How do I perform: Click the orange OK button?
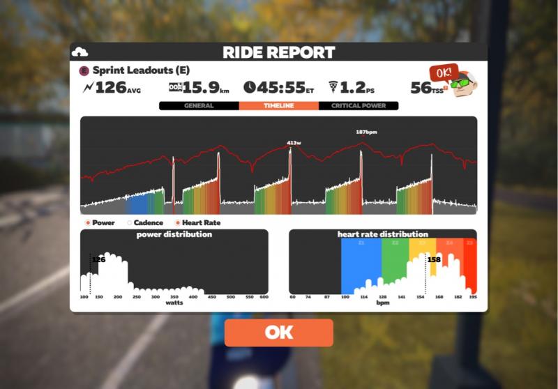coord(278,333)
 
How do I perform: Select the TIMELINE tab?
coord(278,106)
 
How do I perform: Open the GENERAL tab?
coord(199,106)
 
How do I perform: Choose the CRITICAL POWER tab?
coord(358,106)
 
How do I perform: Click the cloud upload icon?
coord(80,52)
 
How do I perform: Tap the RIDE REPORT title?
coord(278,52)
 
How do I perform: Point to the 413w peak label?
coord(294,143)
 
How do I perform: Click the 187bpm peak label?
coord(366,131)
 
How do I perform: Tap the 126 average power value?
coord(110,87)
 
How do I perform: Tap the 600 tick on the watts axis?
coord(264,297)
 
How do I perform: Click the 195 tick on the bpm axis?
coord(474,297)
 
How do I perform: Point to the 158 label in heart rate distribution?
coord(434,259)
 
